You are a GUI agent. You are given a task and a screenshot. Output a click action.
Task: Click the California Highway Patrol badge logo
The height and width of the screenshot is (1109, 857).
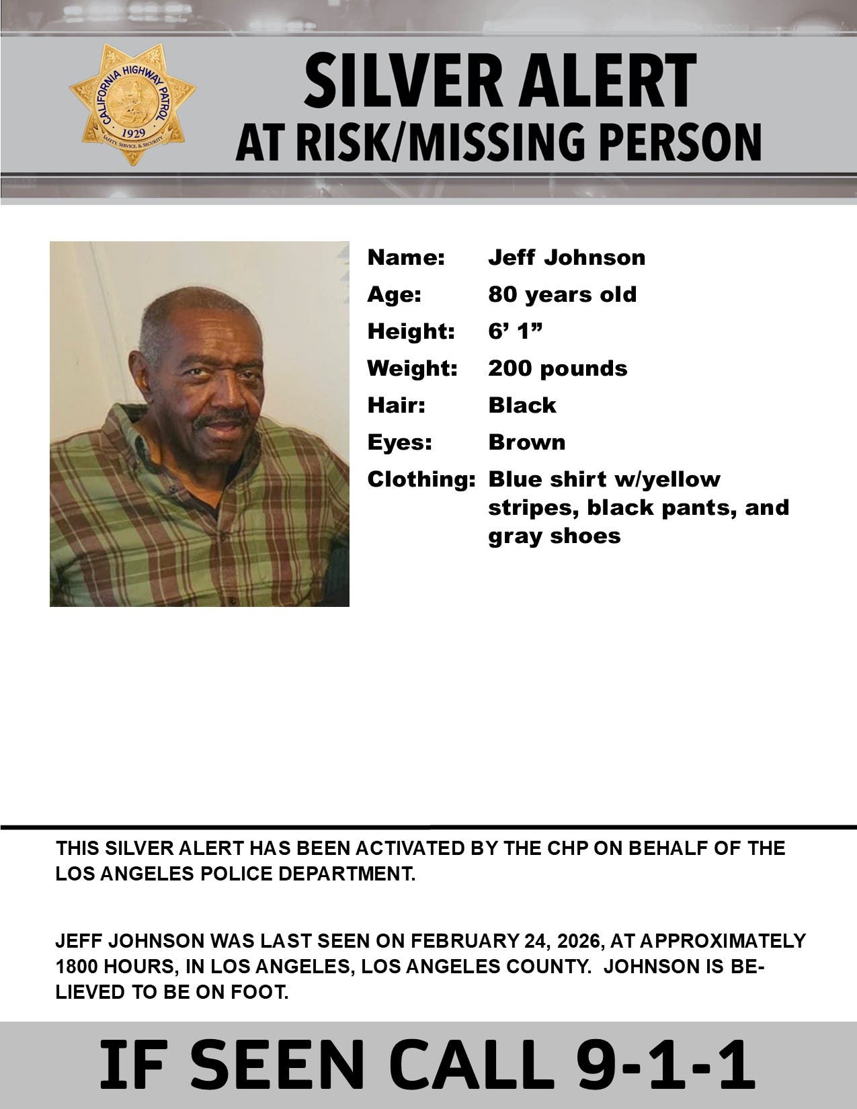coord(132,103)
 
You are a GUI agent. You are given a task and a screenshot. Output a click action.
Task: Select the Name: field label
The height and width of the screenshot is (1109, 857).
coord(406,257)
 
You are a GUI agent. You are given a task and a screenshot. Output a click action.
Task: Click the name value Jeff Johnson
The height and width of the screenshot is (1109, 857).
coord(567,257)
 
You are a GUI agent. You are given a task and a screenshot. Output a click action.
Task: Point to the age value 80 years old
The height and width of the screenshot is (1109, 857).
coord(562,294)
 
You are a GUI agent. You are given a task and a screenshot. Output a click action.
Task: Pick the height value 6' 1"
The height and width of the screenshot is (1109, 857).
coord(515,331)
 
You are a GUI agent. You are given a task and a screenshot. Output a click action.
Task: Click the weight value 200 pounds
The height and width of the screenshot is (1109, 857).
coord(557,368)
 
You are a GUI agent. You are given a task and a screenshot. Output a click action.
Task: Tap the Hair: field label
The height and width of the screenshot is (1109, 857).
coord(396,405)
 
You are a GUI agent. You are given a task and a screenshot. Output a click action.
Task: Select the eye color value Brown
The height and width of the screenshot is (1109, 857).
coord(526,442)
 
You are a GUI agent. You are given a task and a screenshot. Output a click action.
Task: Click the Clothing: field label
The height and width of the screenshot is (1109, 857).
coord(421,479)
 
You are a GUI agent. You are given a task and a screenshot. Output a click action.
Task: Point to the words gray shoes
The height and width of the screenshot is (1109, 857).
coord(554,536)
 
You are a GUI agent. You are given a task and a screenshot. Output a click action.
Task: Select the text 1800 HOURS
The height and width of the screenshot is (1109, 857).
coord(113,967)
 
